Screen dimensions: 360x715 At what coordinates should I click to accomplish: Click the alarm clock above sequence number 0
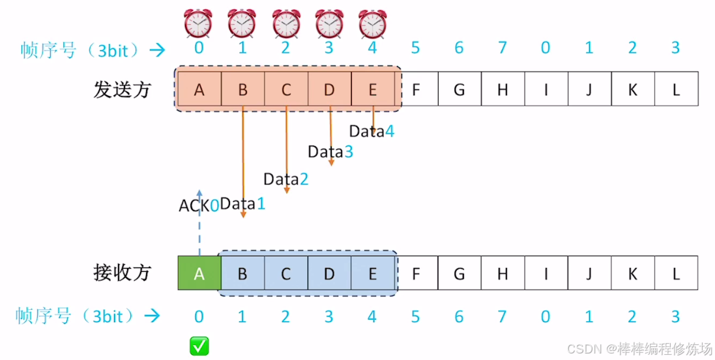coord(198,23)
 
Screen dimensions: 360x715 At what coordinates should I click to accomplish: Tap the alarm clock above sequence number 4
coord(372,23)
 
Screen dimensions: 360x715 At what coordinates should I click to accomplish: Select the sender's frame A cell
coord(199,89)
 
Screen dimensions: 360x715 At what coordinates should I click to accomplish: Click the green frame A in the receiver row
coord(199,273)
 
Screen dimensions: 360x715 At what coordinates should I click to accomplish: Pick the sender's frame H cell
coord(502,89)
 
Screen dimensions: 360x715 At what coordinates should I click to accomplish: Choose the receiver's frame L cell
coord(676,273)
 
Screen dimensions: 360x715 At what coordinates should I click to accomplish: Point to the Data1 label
coord(242,203)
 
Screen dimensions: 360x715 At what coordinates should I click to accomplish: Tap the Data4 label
coord(372,131)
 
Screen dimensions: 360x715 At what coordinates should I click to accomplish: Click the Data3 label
coord(330,152)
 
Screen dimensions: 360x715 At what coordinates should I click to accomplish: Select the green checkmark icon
coord(199,346)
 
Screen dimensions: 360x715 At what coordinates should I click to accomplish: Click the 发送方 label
coord(123,89)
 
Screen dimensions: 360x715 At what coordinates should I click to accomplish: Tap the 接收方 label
coord(123,273)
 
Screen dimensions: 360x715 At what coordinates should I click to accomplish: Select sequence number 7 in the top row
coord(502,48)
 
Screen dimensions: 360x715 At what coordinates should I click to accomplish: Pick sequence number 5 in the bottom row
coord(415,317)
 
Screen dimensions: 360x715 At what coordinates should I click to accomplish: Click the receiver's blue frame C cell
coord(285,273)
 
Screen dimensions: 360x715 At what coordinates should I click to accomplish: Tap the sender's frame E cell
coord(372,89)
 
